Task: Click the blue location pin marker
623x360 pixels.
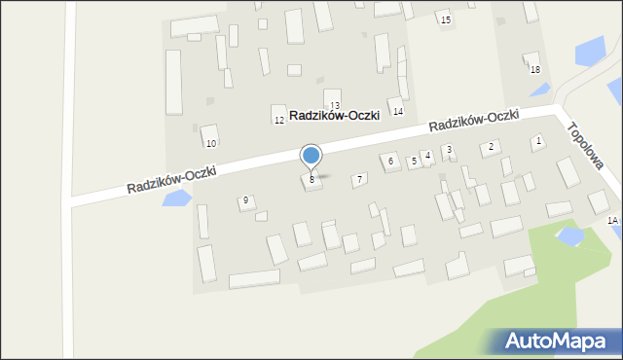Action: pos(311,157)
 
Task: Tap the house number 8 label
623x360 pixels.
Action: pos(311,180)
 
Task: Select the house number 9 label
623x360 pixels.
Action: pos(245,200)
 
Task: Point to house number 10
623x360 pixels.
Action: pos(210,143)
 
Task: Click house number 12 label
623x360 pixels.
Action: pos(278,120)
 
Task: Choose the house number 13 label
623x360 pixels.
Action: pos(335,105)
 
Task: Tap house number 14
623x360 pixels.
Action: pos(397,112)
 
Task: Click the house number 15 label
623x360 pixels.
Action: pos(445,20)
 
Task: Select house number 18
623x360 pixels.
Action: pos(534,70)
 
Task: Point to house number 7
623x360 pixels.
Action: pos(359,179)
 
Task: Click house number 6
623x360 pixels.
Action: pos(390,161)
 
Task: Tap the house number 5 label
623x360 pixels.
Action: pos(414,161)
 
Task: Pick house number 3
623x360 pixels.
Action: pos(448,150)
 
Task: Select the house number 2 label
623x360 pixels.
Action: pos(492,146)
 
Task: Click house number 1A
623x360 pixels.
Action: pos(612,221)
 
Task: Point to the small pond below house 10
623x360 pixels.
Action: pos(176,199)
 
